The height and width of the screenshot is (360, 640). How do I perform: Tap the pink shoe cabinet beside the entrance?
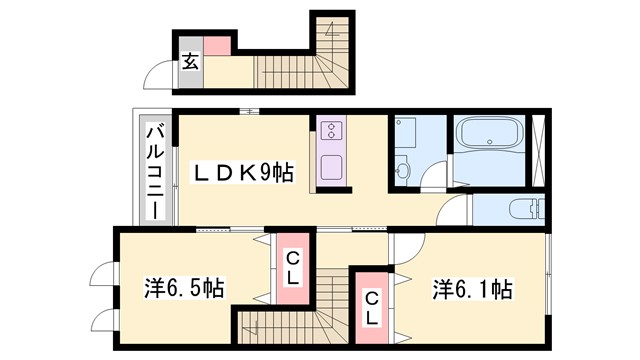[218, 43]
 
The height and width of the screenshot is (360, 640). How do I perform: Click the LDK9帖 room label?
[243, 173]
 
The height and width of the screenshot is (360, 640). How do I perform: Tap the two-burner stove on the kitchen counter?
[331, 131]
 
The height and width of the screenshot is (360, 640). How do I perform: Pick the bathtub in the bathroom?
[489, 137]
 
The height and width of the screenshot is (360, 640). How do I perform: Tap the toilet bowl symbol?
[522, 209]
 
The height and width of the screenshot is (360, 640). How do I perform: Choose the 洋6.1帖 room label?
[471, 289]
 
